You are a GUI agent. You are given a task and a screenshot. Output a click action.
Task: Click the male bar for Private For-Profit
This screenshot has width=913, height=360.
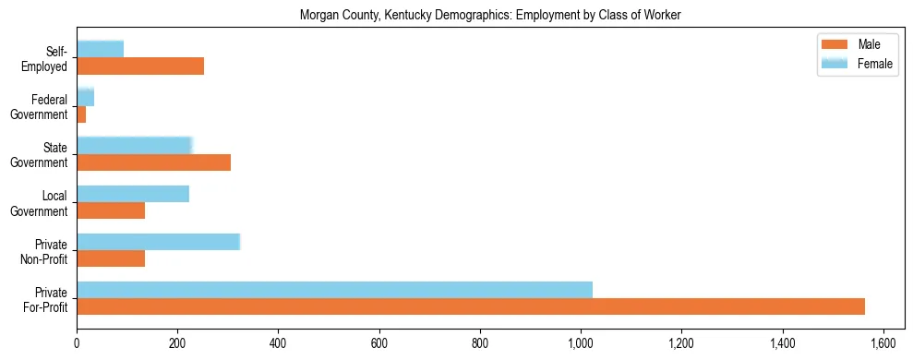click(x=471, y=306)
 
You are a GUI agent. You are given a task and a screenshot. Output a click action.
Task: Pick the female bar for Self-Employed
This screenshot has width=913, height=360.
click(x=100, y=49)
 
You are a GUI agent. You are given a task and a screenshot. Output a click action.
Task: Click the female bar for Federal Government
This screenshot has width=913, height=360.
click(x=85, y=97)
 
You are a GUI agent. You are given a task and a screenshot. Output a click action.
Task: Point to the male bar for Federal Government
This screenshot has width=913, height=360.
click(x=81, y=114)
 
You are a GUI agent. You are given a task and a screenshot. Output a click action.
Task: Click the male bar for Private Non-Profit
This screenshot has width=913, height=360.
click(x=111, y=258)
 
